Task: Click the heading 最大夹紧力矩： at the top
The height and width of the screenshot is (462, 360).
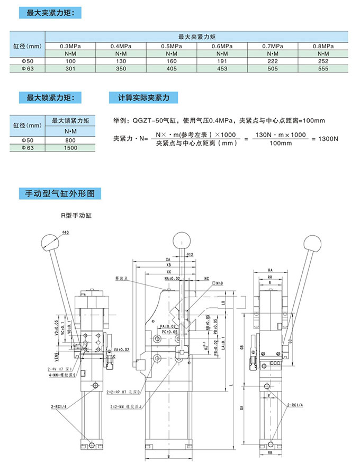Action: point(50,12)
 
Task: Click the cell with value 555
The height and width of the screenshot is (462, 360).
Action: point(322,69)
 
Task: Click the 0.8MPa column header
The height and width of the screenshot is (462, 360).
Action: point(322,46)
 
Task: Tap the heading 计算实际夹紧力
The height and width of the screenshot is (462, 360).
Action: point(143,98)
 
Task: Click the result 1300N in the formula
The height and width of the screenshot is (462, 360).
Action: point(325,139)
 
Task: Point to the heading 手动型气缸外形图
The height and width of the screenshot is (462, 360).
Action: point(57,193)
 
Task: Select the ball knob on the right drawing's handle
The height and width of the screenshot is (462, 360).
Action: point(312,244)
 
